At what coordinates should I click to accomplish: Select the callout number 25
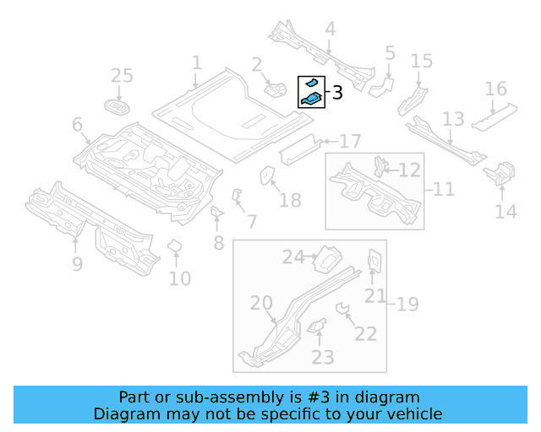point(123,76)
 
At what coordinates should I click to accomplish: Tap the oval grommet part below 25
point(117,106)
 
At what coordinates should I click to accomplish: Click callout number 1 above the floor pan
point(197,63)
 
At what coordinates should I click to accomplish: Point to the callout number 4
point(330,30)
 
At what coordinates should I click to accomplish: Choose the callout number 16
point(495,89)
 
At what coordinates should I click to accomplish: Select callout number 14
point(505,211)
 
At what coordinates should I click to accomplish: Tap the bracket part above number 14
point(498,174)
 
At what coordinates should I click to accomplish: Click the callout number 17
point(351,141)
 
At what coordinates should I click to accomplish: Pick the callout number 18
point(290,200)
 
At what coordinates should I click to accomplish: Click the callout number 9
point(77,265)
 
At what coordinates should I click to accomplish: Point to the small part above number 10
point(176,246)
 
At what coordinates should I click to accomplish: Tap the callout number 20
point(261,304)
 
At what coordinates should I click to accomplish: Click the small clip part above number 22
point(344,310)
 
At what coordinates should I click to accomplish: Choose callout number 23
point(323,357)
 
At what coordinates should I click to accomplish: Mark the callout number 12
point(409,170)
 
